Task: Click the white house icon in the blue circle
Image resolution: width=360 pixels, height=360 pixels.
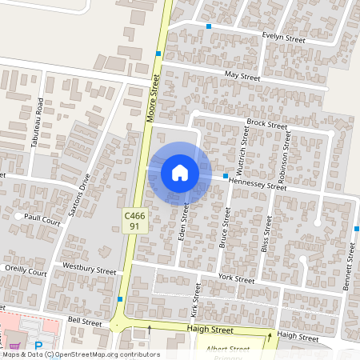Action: coord(179,172)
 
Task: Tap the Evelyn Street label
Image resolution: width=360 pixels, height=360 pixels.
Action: coord(284,38)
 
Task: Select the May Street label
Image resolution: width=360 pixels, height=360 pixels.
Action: coord(242,76)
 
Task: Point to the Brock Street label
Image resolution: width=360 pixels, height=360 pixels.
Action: coord(266,124)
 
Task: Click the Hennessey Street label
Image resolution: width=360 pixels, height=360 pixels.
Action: coord(257,184)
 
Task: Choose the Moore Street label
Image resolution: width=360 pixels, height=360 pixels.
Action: coord(153,97)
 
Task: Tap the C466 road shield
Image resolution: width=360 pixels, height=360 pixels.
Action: coord(134,216)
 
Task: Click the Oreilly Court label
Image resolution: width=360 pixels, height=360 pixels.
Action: coord(26,273)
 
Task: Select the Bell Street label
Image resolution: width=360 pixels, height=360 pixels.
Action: coord(85,320)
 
